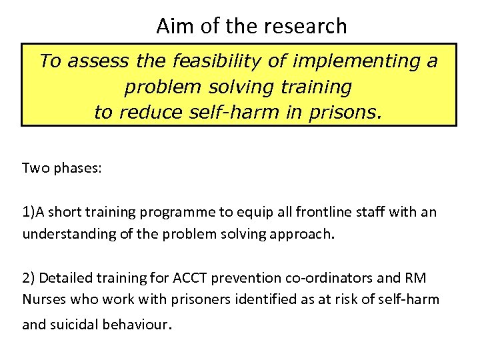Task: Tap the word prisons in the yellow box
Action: coord(347,112)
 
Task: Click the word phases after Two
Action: coord(80,169)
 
